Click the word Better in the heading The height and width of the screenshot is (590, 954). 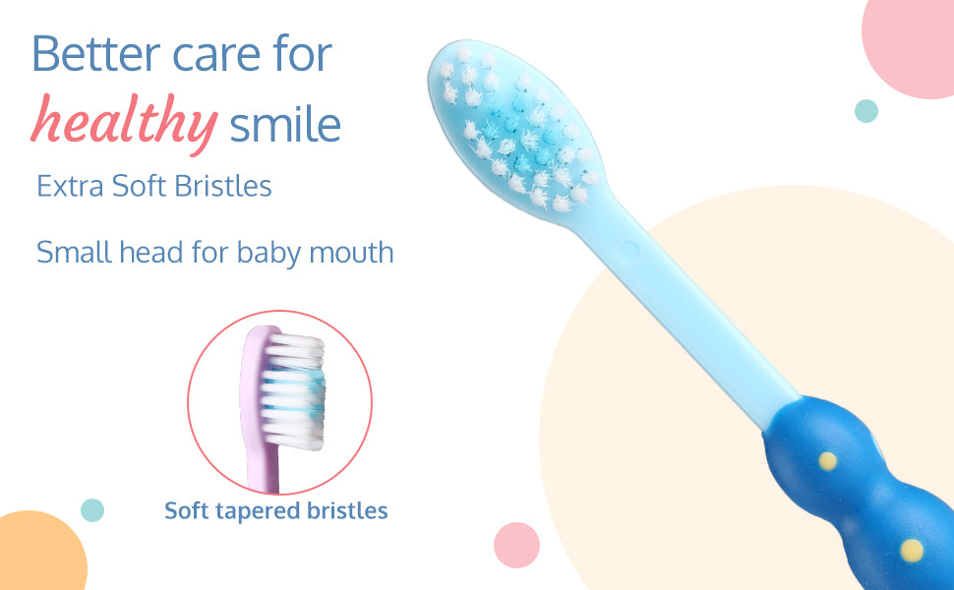pyautogui.click(x=96, y=53)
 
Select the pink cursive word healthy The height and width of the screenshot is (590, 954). pyautogui.click(x=125, y=120)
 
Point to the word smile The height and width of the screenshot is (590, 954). pyautogui.click(x=285, y=124)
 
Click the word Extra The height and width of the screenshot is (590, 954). pyautogui.click(x=70, y=186)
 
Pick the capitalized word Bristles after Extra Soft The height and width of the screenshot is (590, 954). pyautogui.click(x=222, y=186)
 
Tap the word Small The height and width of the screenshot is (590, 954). pyautogui.click(x=74, y=252)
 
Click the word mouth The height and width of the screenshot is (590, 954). pyautogui.click(x=351, y=253)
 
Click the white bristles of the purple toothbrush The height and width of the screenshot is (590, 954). pyautogui.click(x=294, y=391)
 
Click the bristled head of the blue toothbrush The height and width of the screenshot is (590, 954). pyautogui.click(x=516, y=129)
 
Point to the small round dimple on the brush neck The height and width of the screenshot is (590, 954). pyautogui.click(x=629, y=251)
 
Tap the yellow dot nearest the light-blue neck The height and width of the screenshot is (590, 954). pyautogui.click(x=827, y=461)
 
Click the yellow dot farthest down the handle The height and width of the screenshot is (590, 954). pyautogui.click(x=912, y=551)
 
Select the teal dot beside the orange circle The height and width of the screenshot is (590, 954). pyautogui.click(x=92, y=510)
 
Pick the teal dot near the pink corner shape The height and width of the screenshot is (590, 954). pyautogui.click(x=866, y=111)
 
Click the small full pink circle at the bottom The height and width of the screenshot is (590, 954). pyautogui.click(x=516, y=545)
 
